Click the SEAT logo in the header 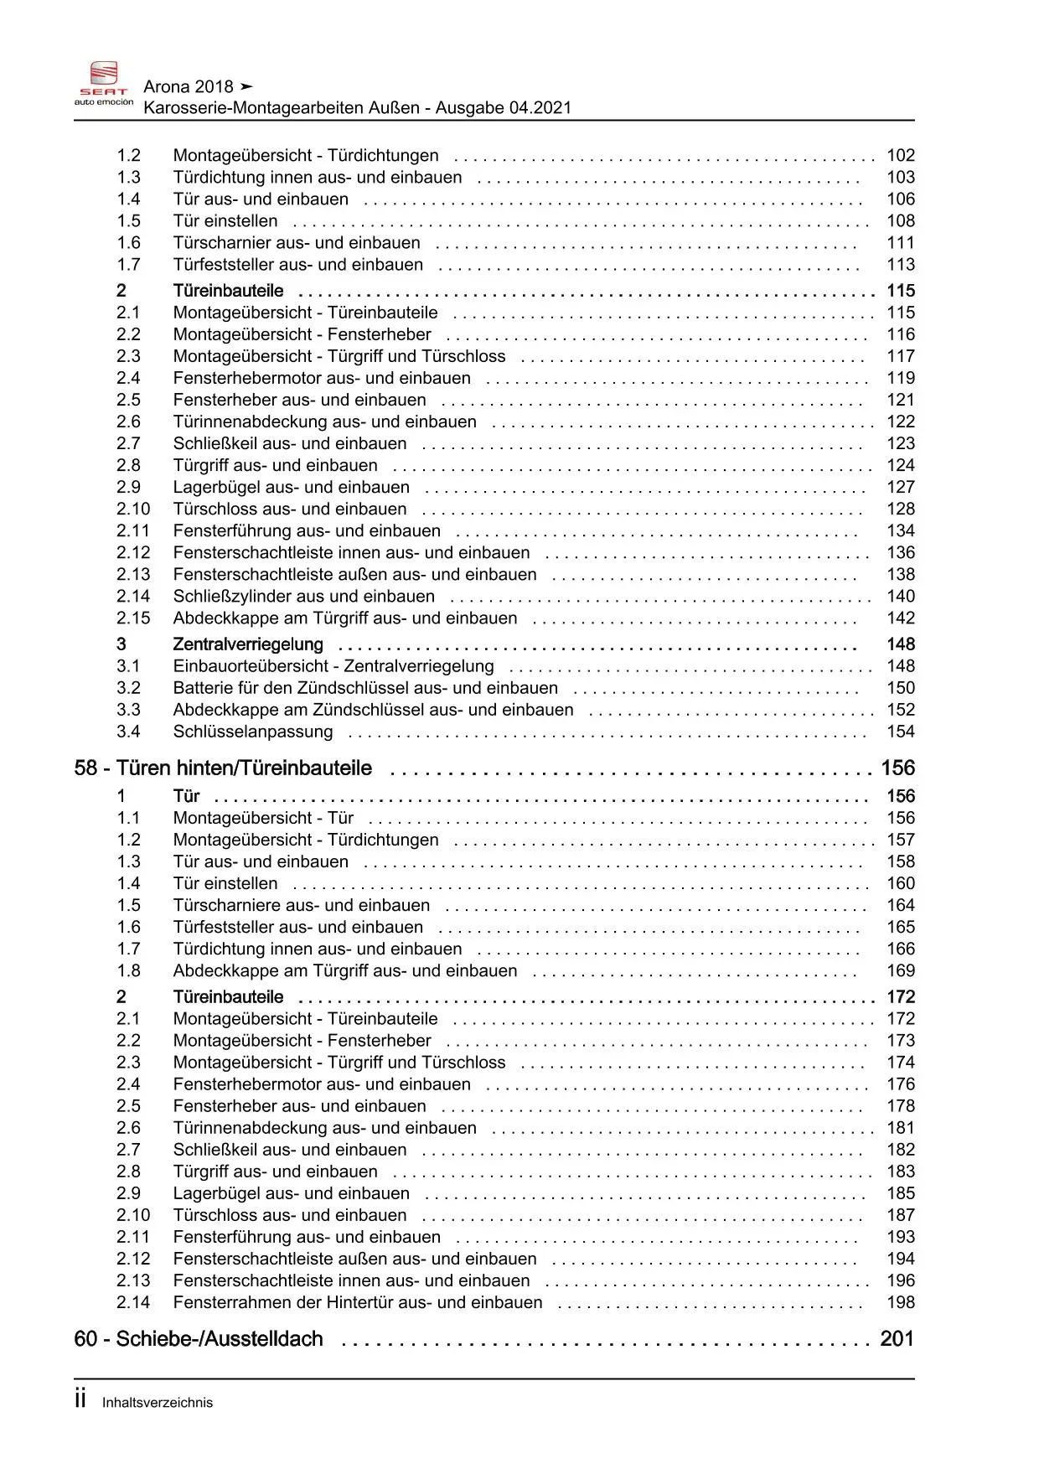pos(104,82)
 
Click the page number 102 pos(901,156)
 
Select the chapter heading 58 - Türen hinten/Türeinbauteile pos(223,768)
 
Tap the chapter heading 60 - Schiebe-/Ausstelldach pos(199,1339)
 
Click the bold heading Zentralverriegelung pos(248,644)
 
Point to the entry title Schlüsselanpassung pos(253,732)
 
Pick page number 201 pos(897,1339)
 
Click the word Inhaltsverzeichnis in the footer pos(158,1403)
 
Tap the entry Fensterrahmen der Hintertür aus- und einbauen pos(358,1303)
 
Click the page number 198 pos(901,1303)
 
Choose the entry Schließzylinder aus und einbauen pos(304,597)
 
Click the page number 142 pos(901,618)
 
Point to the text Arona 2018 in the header pos(189,87)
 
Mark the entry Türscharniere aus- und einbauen pos(302,906)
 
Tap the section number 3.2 pos(128,688)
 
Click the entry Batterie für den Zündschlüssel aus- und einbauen pos(365,688)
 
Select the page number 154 pos(901,732)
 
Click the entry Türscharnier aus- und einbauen pos(297,243)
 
